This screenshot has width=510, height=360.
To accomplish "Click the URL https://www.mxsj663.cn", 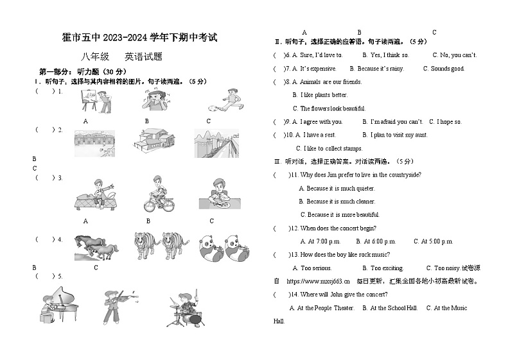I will click(x=317, y=281).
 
